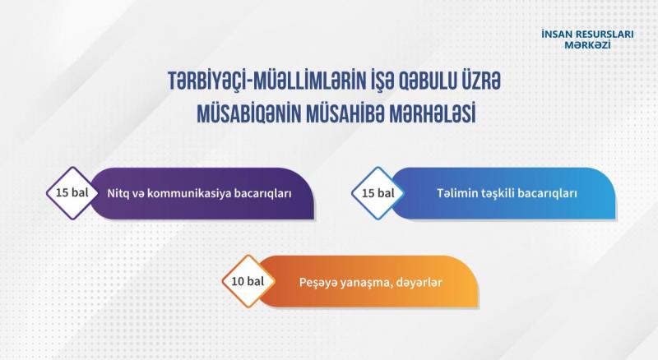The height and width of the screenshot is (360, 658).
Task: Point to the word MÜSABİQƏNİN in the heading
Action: (248, 113)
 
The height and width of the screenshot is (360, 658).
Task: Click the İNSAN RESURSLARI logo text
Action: (587, 34)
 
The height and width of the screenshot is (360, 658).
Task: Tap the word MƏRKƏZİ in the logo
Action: (587, 45)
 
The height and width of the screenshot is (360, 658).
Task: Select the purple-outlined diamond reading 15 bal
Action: (72, 193)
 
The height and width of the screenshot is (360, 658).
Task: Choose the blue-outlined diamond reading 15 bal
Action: (378, 193)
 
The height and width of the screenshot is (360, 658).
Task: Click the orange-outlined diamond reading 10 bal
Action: (248, 281)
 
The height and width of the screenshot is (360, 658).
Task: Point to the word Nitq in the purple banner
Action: (116, 193)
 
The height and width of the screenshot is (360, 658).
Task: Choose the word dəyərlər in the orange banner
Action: (419, 283)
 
